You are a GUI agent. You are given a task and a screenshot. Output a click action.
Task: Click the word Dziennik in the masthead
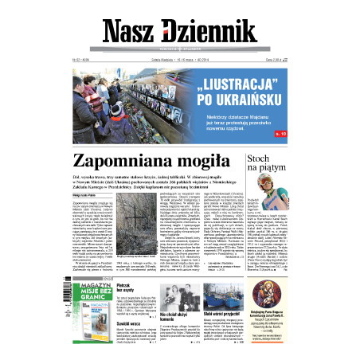click(221, 29)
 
